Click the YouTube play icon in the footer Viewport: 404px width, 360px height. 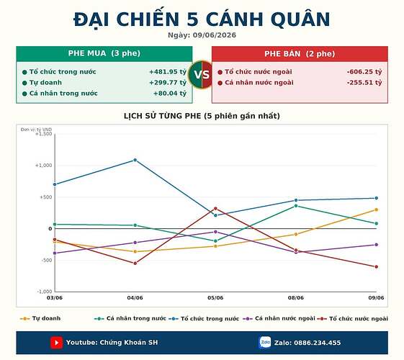tap(56, 343)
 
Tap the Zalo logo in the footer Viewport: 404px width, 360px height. tap(265, 343)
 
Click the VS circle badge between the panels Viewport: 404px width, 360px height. tap(202, 74)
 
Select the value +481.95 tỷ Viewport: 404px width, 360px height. tap(168, 72)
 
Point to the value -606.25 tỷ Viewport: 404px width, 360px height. tap(364, 72)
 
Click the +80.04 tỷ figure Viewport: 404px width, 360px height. tap(170, 93)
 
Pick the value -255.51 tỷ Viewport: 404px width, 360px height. tap(364, 83)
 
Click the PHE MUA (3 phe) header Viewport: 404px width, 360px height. tap(104, 53)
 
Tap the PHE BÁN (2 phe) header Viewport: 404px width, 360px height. tap(300, 54)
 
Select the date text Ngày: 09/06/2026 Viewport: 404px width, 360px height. tap(202, 35)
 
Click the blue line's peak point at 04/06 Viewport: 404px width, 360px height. tap(135, 160)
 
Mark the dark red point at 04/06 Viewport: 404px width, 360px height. tap(135, 264)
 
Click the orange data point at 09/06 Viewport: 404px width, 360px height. tap(376, 210)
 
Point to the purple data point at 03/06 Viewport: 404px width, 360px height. tap(55, 253)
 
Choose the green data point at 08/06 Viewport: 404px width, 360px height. tap(296, 206)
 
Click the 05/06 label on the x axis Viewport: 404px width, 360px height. tap(215, 298)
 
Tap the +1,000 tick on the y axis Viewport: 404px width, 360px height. tap(43, 166)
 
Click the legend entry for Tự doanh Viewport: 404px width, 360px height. tap(40, 318)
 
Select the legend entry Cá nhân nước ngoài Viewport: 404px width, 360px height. tap(279, 318)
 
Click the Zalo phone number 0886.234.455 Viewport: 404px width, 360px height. tap(317, 343)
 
